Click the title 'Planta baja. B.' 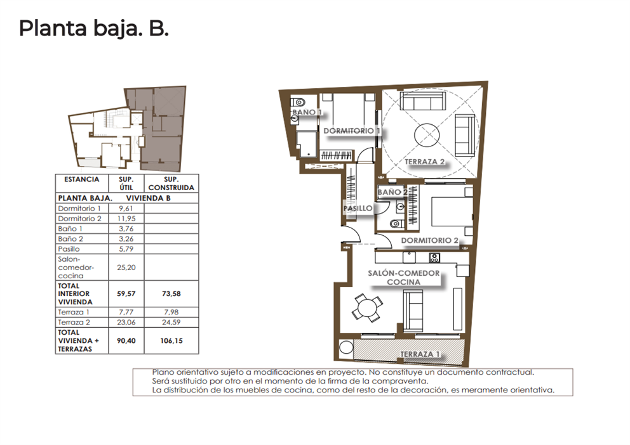[93, 29]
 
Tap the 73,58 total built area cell [171, 294]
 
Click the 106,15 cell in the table [171, 340]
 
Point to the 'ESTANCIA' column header [82, 180]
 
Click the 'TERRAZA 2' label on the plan [424, 162]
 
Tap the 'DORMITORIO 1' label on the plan [352, 131]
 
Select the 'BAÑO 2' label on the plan [392, 191]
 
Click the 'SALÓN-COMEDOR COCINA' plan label [404, 278]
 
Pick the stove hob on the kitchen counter [435, 257]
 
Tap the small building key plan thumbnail [127, 129]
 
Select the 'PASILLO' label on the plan [358, 208]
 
